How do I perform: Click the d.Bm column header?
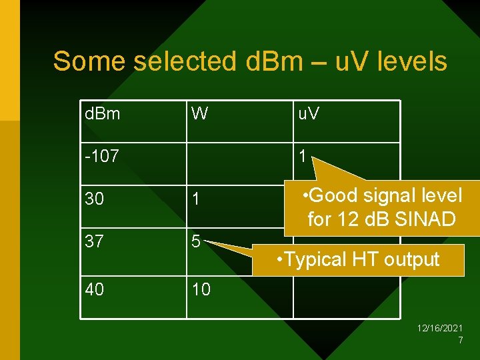tap(103, 114)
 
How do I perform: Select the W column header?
tap(199, 114)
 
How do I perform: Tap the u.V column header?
tap(308, 114)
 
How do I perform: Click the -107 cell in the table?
tap(102, 157)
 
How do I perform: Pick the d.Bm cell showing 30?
tap(95, 199)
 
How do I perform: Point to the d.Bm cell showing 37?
tap(95, 242)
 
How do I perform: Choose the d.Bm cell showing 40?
tap(95, 289)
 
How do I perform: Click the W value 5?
tap(196, 242)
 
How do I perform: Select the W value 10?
tap(201, 289)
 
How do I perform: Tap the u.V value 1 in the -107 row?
tap(302, 157)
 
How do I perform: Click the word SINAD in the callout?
tap(427, 219)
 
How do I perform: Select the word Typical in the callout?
tap(321, 259)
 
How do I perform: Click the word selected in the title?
tap(185, 61)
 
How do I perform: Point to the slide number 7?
tap(460, 340)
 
